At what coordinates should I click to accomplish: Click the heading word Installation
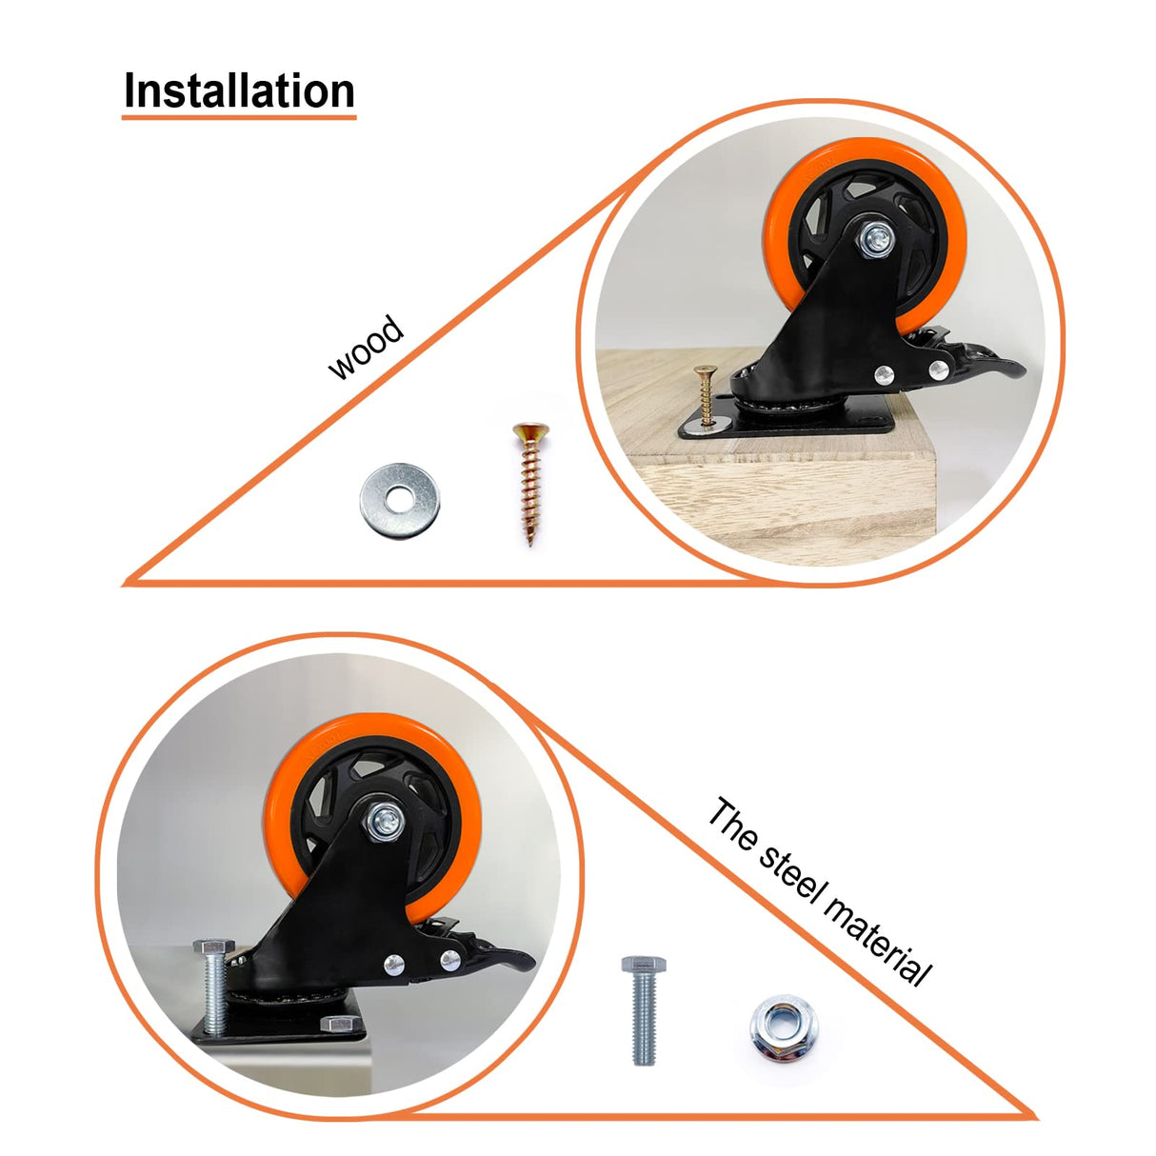tap(239, 91)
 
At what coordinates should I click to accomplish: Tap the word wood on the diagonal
tap(366, 349)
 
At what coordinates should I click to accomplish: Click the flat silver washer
tap(399, 499)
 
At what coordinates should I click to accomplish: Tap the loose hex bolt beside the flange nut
tap(644, 1008)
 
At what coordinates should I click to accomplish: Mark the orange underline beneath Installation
tap(239, 117)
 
